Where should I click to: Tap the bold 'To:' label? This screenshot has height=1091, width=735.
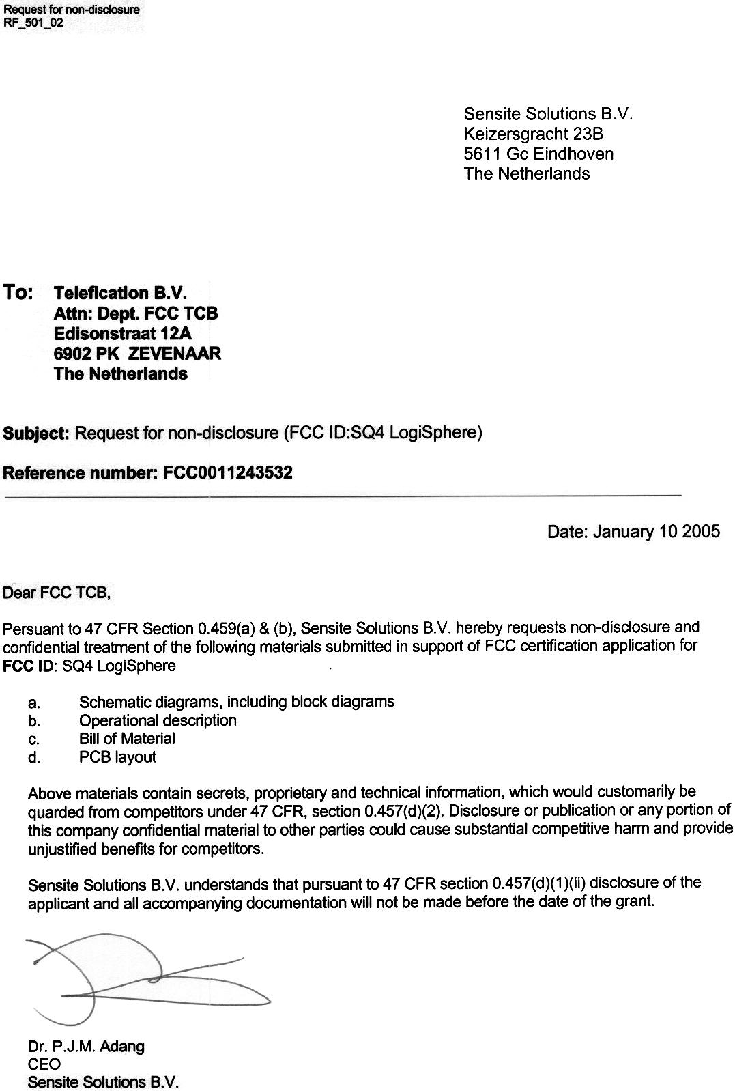18,292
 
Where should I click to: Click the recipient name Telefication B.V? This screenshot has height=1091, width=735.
120,293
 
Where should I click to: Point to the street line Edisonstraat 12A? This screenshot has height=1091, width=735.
123,333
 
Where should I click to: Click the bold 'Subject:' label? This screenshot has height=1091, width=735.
36,433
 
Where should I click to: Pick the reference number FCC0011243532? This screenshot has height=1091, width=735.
228,472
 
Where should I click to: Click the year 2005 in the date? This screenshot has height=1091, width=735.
700,531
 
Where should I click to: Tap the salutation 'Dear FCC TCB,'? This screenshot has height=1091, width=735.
57,592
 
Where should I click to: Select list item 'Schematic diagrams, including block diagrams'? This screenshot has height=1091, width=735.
236,701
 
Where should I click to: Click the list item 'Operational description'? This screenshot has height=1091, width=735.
158,720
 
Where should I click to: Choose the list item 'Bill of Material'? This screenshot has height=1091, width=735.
127,739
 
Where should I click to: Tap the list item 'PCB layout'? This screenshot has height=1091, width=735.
117,757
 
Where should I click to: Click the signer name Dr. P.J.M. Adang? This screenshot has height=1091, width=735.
86,1046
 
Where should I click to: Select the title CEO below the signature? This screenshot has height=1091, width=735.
44,1064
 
